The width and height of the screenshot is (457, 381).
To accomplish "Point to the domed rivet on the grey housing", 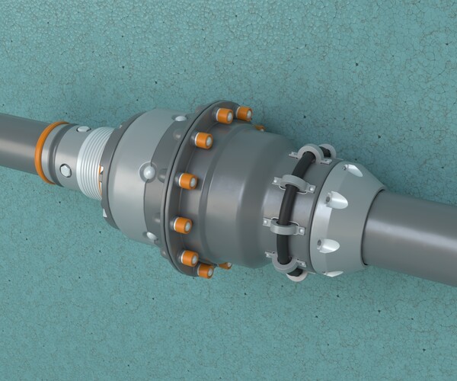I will click(x=144, y=174).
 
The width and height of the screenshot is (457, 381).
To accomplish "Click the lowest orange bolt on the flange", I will click(x=205, y=271).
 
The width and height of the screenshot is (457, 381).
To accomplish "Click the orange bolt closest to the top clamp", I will click(x=244, y=114).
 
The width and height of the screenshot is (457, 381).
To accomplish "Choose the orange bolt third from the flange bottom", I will click(x=183, y=225).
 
